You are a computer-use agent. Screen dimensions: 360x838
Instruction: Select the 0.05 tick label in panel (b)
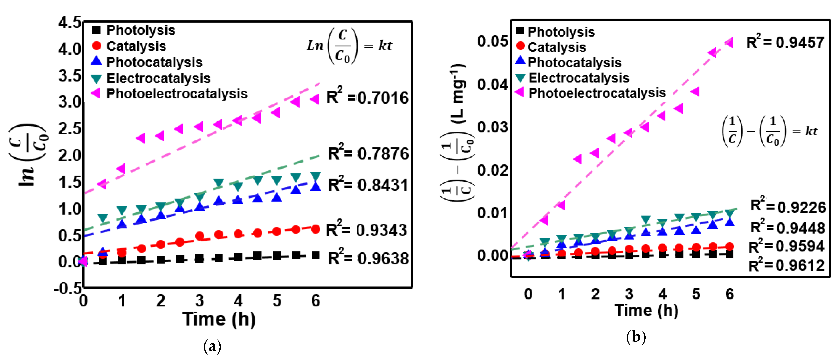pos(492,41)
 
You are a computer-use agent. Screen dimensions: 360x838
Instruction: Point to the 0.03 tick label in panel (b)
pos(492,127)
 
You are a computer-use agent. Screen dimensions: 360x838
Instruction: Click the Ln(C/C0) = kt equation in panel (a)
pos(349,46)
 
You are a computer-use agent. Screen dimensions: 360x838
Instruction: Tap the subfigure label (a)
pos(212,346)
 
